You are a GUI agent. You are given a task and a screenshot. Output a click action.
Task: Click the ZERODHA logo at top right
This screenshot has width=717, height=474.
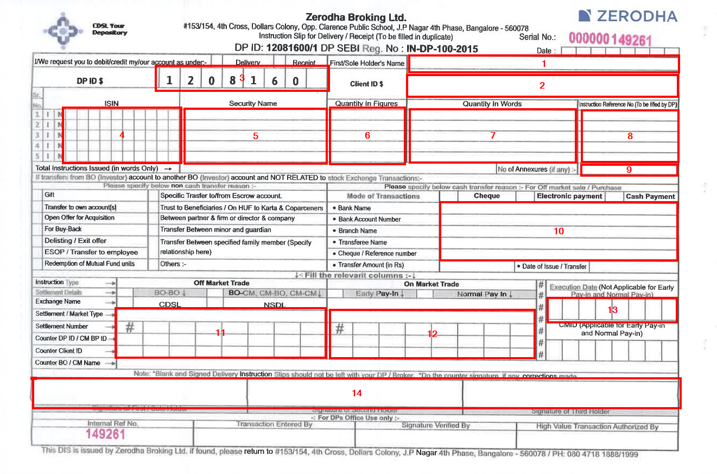(627, 16)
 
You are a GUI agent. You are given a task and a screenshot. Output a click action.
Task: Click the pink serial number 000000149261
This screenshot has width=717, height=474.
(610, 39)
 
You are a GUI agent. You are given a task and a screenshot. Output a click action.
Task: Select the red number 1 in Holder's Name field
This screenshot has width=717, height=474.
(544, 64)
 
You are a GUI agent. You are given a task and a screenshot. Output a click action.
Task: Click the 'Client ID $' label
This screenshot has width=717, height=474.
(366, 84)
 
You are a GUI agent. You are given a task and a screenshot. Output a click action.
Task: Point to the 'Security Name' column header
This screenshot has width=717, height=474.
(253, 103)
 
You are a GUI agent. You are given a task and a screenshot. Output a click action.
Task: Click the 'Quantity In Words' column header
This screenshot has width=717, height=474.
(492, 104)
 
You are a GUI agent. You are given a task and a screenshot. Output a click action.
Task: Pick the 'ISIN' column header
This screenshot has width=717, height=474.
(112, 103)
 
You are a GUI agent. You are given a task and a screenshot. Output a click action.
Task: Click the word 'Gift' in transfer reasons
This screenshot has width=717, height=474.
(49, 195)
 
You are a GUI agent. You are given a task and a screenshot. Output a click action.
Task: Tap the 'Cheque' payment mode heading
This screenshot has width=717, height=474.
(486, 196)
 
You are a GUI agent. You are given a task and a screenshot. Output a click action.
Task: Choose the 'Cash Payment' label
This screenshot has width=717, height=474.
(650, 197)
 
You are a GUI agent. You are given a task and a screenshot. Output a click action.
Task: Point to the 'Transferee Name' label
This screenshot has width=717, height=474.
(363, 242)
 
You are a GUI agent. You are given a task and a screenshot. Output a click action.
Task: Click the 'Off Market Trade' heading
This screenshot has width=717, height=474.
(221, 283)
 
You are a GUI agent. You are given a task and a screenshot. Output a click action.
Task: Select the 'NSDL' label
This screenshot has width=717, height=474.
(274, 305)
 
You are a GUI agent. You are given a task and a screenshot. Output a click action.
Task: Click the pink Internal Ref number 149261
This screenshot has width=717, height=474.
(105, 434)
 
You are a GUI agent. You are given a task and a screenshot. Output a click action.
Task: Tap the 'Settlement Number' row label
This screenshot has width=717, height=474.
(62, 326)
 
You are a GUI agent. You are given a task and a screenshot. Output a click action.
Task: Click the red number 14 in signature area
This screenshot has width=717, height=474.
(357, 393)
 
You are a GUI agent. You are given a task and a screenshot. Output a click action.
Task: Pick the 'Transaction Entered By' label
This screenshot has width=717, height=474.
(274, 425)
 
